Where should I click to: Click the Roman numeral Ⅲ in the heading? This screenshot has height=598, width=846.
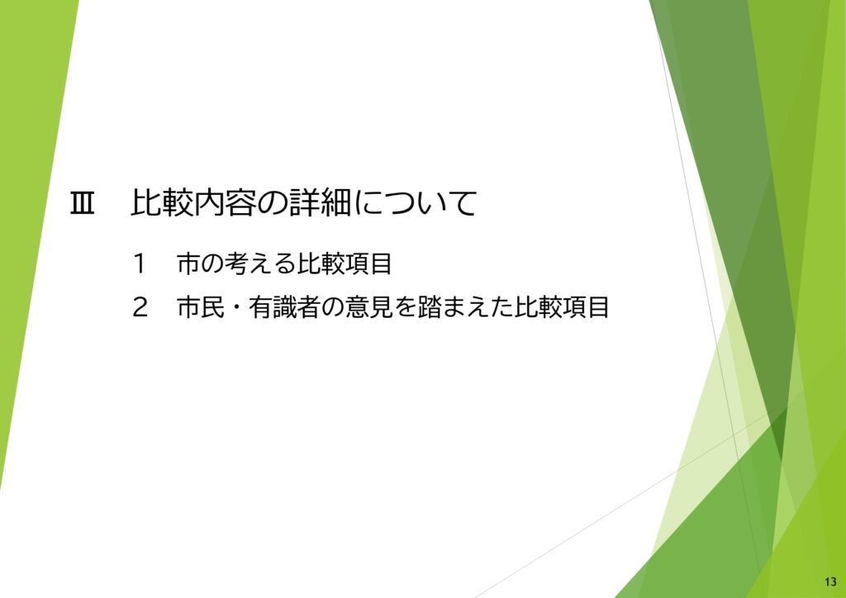[83, 204]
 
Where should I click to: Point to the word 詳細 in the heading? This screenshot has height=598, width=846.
[318, 204]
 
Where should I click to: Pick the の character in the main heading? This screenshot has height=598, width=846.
[266, 204]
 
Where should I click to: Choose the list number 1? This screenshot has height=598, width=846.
[139, 264]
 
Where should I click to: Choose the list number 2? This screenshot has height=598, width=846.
[139, 308]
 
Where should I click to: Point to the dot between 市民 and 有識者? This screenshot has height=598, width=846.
[233, 309]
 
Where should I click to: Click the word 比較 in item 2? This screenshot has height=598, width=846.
[538, 308]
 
